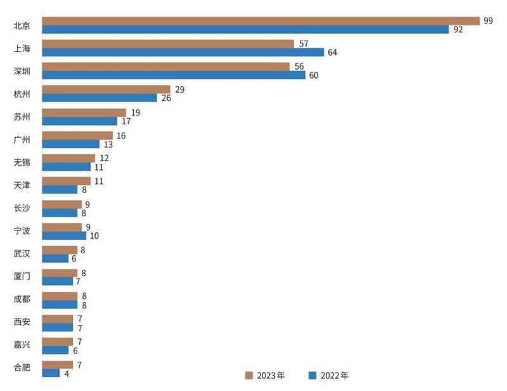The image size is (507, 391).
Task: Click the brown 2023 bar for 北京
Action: tap(260, 21)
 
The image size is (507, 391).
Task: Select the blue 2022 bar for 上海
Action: tap(183, 52)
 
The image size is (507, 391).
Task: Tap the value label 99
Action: tap(488, 21)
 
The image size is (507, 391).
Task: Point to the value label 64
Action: tap(332, 52)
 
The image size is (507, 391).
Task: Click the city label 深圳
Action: tap(22, 70)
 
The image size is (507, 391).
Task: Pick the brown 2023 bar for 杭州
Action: tap(106, 89)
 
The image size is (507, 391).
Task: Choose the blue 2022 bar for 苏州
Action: tap(80, 121)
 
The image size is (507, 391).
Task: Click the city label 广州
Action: tap(22, 139)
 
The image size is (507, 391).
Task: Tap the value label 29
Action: tap(179, 89)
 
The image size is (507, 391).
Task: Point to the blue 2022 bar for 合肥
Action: tap(51, 373)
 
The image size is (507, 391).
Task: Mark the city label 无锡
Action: tap(22, 162)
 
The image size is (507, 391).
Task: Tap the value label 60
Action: tap(314, 75)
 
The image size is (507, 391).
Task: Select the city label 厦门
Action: tap(22, 276)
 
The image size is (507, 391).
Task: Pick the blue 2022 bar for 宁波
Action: tap(64, 235)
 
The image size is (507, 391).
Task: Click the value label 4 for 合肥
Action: tap(67, 373)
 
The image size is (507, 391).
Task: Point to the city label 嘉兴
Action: tap(22, 345)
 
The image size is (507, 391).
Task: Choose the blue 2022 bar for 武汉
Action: tap(56, 258)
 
